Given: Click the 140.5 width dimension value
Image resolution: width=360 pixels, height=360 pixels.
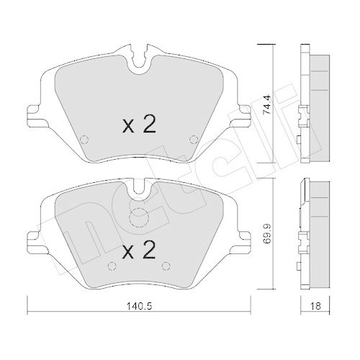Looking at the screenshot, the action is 139,306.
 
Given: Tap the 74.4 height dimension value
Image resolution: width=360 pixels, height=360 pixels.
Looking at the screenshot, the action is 266,105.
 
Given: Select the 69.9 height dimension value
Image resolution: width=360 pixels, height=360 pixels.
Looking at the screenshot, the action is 266,234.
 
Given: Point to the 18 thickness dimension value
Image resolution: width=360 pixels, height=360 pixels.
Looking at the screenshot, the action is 316,306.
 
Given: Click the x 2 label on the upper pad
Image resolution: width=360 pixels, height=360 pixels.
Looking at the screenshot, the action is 139,124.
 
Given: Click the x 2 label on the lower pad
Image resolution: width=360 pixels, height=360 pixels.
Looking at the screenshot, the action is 139,250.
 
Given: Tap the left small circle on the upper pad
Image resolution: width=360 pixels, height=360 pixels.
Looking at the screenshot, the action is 84,139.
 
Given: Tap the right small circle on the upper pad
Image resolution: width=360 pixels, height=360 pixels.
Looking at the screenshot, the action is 194,139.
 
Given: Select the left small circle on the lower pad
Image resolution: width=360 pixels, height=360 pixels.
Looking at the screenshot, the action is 111,266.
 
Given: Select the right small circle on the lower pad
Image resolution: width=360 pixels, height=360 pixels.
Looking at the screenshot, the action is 166,266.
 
